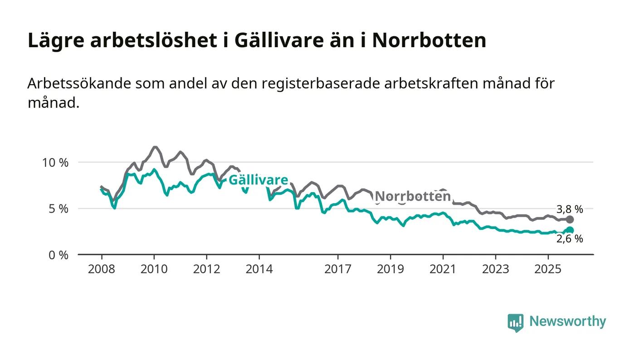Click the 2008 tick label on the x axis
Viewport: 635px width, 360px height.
(102, 269)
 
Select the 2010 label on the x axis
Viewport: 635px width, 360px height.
(154, 269)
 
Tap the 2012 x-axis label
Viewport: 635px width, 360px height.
(206, 269)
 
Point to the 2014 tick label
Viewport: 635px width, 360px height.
(259, 269)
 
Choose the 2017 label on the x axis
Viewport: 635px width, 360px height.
(338, 269)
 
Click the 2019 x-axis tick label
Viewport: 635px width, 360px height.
(391, 269)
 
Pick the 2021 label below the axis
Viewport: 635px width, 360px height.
(443, 269)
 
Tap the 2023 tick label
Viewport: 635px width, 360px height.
(495, 269)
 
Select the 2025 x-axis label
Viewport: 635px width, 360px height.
(548, 269)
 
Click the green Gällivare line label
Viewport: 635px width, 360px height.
(258, 180)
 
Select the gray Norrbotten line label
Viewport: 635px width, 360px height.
(413, 196)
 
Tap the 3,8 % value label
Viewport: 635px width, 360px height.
(569, 209)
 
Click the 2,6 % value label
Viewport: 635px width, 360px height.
(569, 239)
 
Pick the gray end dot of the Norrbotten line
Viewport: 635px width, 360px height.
(570, 219)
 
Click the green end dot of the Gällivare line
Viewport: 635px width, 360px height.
(570, 230)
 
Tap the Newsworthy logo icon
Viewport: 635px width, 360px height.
(515, 322)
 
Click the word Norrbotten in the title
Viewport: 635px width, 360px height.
(429, 41)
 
